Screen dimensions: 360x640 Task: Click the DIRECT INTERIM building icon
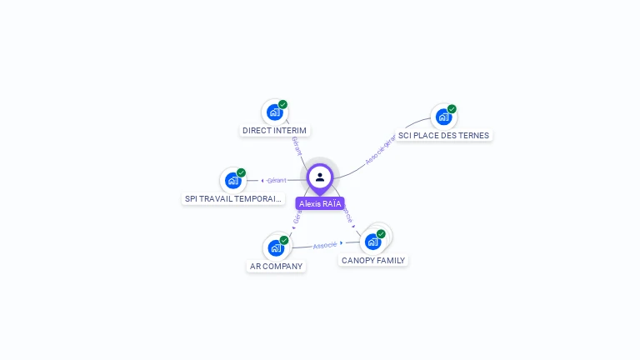(274, 112)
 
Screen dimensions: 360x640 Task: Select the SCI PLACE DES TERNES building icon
(443, 117)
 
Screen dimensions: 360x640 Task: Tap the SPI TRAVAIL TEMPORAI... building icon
(232, 180)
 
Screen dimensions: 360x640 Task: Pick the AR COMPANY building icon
(276, 247)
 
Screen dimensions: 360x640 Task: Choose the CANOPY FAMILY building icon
(372, 242)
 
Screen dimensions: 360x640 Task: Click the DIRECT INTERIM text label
(274, 131)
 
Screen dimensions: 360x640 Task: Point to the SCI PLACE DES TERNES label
(443, 135)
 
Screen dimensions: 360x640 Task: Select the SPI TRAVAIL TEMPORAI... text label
(233, 198)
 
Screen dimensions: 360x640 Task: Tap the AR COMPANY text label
(276, 266)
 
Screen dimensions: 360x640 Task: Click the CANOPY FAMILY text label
(372, 260)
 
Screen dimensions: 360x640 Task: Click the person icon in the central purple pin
(320, 177)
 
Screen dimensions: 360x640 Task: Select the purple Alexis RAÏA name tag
(320, 203)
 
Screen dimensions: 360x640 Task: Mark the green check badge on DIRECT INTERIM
(283, 105)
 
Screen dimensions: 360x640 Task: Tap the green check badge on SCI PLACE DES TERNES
(452, 109)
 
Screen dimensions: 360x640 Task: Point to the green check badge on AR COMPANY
(284, 240)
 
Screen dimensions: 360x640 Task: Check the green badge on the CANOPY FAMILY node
(381, 234)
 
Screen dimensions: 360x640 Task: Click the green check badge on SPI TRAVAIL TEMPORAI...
(241, 172)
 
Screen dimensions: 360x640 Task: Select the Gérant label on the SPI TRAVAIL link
(277, 180)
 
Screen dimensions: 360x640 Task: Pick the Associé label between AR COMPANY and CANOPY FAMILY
(325, 245)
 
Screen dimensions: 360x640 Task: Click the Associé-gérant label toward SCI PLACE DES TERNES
(380, 149)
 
